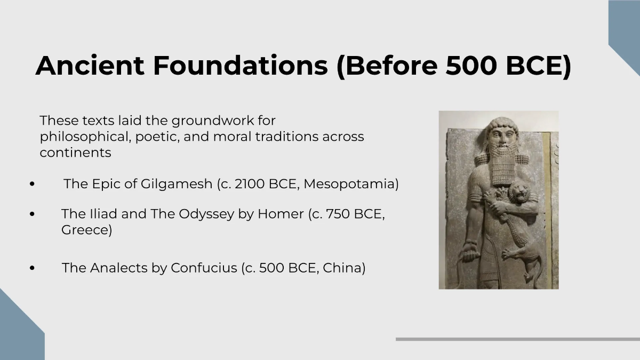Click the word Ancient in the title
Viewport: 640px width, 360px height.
coord(90,66)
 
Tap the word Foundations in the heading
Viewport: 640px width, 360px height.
coord(240,66)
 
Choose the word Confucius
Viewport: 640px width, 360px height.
coord(203,268)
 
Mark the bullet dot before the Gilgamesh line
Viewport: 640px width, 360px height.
coord(33,185)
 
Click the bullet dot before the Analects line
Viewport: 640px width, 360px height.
coord(33,268)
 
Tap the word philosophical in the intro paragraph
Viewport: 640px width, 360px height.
coord(84,137)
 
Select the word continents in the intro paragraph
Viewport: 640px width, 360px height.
coord(75,153)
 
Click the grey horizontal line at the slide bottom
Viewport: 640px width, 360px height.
coord(517,339)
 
